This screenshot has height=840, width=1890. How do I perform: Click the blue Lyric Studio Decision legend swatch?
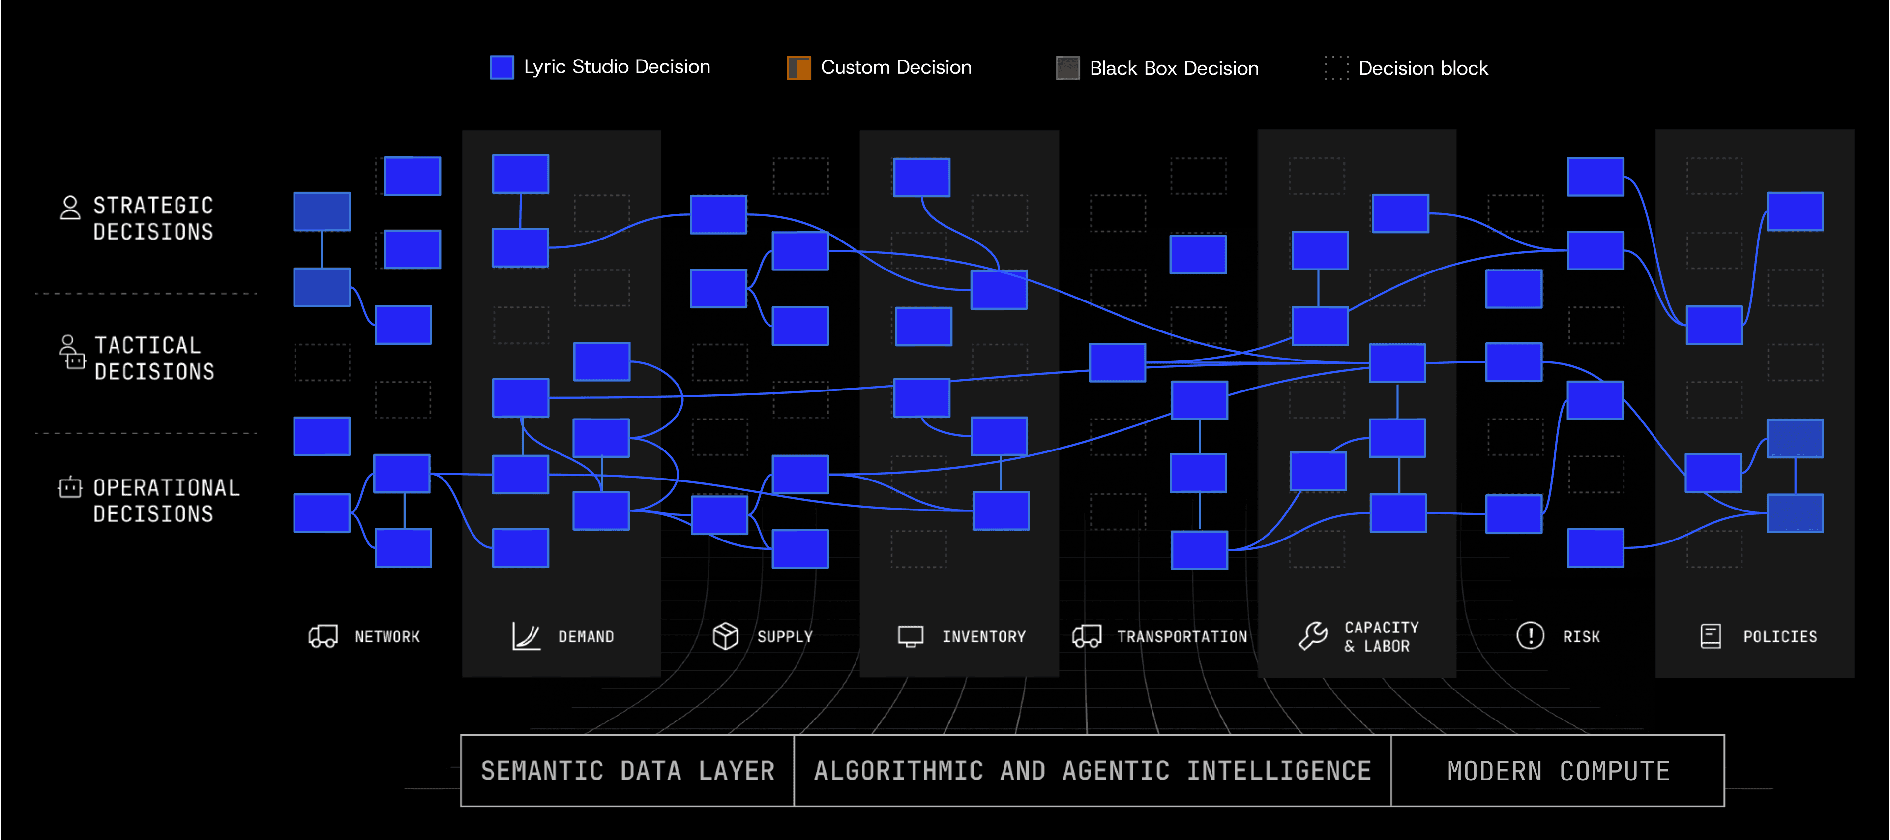tap(502, 67)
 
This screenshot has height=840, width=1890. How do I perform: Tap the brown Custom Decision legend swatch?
tap(798, 67)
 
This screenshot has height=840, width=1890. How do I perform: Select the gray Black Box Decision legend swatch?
tap(1067, 68)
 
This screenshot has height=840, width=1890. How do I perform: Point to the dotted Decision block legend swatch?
tap(1336, 68)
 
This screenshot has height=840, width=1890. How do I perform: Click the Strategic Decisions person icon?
tap(70, 208)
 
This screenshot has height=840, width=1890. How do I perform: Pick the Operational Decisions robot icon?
tap(70, 488)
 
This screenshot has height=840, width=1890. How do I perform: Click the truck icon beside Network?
tap(323, 636)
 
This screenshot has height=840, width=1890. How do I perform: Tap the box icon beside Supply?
tap(725, 636)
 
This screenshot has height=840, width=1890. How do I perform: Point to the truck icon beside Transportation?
tap(1087, 636)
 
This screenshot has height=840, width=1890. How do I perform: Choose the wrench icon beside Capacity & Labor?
tap(1313, 636)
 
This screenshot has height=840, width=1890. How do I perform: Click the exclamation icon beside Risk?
tap(1530, 635)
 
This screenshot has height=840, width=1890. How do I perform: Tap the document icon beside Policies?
tap(1710, 636)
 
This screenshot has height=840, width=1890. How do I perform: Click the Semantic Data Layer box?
tap(627, 770)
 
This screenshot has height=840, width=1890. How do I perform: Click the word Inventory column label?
tap(984, 637)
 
